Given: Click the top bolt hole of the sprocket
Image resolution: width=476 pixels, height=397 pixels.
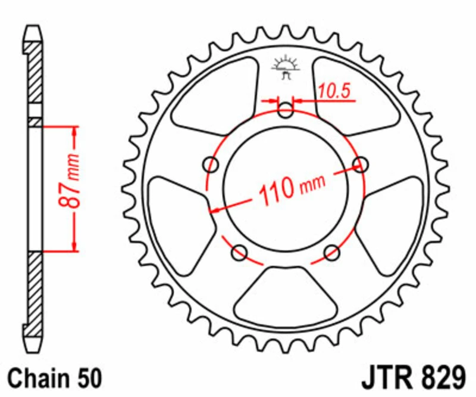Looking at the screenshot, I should [x=286, y=110].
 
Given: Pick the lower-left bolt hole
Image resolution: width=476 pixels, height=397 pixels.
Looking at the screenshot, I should [x=240, y=252].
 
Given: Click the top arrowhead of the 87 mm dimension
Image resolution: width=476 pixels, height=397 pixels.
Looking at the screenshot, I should [x=74, y=131].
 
